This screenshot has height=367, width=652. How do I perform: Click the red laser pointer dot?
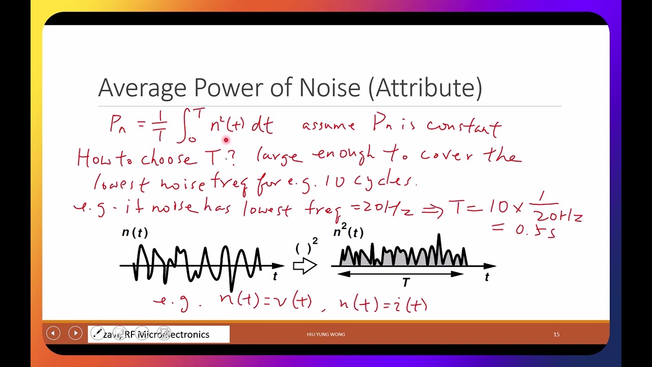[x=226, y=140]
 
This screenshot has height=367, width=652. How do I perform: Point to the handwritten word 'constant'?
[x=464, y=126]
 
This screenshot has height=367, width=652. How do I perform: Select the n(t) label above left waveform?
[x=134, y=233]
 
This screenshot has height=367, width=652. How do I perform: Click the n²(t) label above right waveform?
[x=348, y=232]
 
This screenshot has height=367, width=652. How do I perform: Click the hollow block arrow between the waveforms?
[x=305, y=266]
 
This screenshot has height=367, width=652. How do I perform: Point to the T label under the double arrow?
[x=405, y=282]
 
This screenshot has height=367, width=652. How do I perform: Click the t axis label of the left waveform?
[x=275, y=276]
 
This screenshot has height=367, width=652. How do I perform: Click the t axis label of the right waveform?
[x=487, y=277]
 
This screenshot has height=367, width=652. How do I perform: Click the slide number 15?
[x=556, y=334]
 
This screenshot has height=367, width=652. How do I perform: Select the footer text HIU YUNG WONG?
[x=325, y=334]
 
